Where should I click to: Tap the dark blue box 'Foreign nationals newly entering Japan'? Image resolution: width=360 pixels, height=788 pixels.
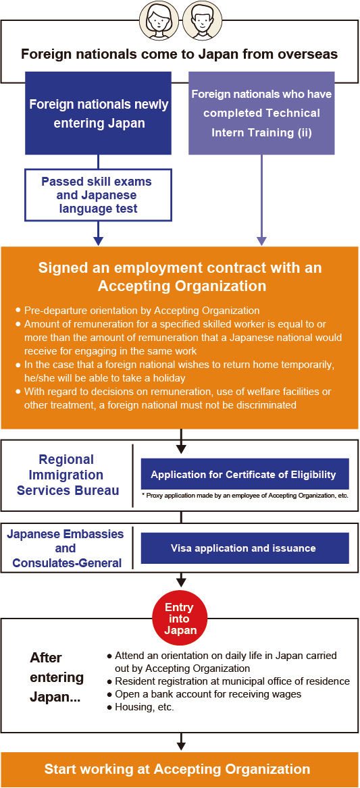point(98,113)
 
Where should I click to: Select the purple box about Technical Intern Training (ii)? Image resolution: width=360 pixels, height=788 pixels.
point(261,113)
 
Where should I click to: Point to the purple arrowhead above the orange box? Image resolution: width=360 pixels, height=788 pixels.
point(261,240)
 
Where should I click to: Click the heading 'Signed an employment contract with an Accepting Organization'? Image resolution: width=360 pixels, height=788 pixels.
point(180,276)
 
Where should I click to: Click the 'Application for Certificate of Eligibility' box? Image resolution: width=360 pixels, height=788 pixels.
point(245,474)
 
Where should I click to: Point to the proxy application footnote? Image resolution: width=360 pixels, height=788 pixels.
point(245,496)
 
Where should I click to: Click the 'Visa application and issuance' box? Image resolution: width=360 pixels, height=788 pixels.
point(245,548)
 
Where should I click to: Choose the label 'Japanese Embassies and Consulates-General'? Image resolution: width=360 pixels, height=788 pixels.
point(66,548)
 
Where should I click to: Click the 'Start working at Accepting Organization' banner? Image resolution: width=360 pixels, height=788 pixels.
point(180,769)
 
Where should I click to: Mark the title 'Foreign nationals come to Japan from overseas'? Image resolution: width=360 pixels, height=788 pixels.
point(178,54)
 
